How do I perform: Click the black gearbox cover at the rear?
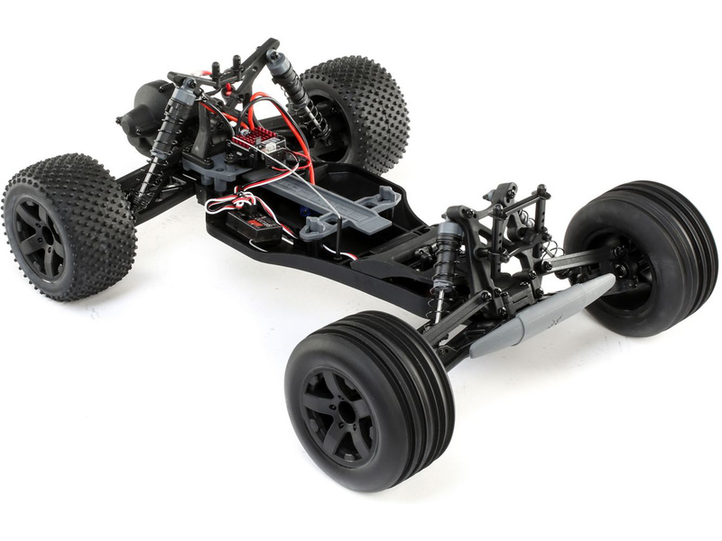tap(149, 113)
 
